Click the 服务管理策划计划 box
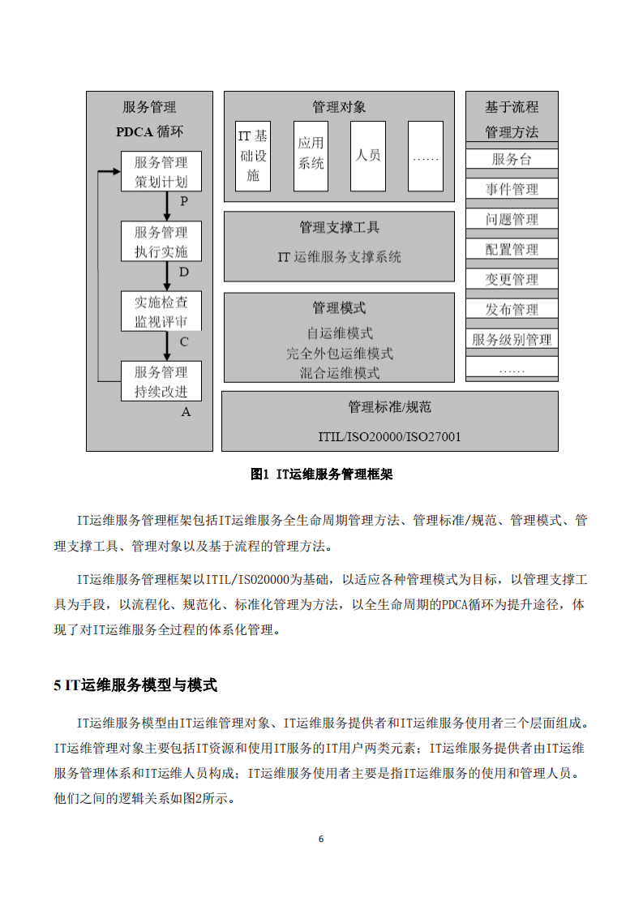point(161,172)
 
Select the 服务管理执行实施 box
point(161,242)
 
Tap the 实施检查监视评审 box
point(161,311)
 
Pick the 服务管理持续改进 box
point(161,382)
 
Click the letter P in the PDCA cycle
point(183,201)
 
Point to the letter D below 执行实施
point(183,272)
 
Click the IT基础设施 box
point(253,157)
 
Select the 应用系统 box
point(311,157)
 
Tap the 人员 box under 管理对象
point(368,157)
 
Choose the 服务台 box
point(512,159)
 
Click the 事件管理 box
point(512,189)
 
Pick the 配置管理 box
point(512,249)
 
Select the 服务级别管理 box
point(512,340)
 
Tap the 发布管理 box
point(512,309)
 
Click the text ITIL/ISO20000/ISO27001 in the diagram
point(389,437)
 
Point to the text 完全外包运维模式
point(339,354)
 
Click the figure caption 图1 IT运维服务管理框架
point(322,474)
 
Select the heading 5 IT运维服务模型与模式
point(135,685)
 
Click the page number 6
point(321,839)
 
